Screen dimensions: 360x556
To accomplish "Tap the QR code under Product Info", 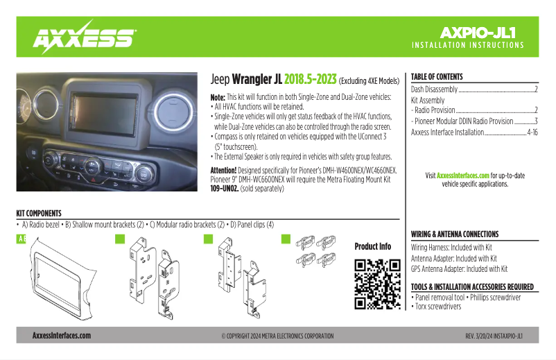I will coord(377,284).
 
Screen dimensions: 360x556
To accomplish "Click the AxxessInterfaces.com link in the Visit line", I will coord(463,176).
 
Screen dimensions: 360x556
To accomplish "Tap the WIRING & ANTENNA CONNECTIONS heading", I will coord(455,234).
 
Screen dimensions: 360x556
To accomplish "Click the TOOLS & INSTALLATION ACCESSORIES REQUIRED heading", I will coord(472,286).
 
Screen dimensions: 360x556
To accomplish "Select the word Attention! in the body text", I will coord(223,170).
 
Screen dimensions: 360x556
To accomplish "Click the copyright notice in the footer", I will coord(277,336).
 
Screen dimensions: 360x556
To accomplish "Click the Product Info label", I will coord(372,246).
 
